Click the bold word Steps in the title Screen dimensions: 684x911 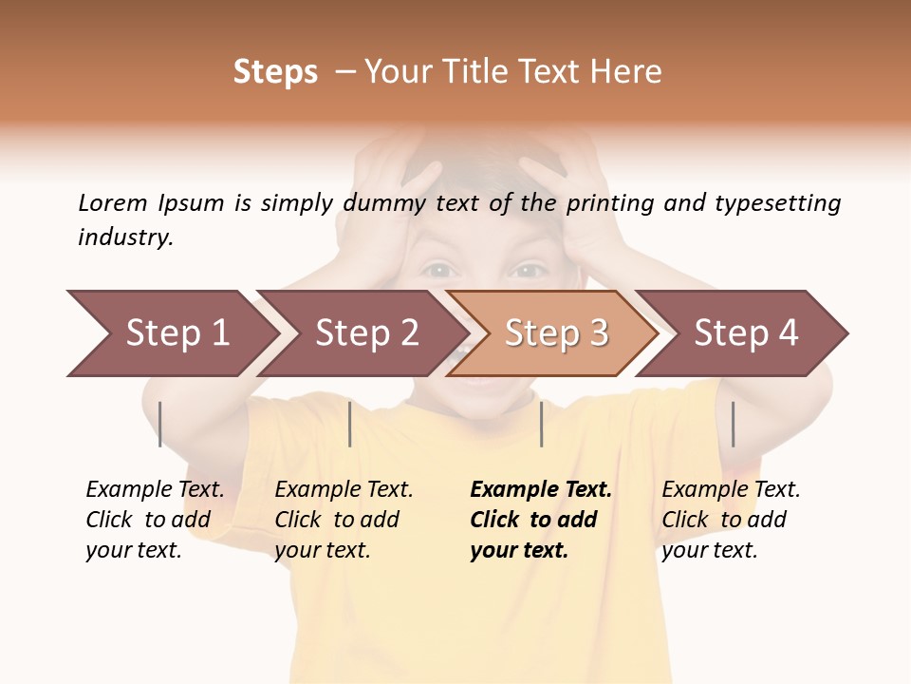[275, 72]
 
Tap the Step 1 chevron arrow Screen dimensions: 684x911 [177, 333]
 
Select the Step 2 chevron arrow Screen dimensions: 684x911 [366, 333]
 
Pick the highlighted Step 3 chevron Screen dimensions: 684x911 [556, 333]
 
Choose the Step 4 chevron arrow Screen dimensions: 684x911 [746, 333]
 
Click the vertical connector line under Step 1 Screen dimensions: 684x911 [160, 424]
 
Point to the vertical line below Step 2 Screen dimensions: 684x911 [350, 424]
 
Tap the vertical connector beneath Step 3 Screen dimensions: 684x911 [541, 424]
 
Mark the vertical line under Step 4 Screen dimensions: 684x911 [733, 424]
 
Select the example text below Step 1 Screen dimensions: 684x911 [155, 520]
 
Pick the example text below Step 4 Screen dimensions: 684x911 [731, 520]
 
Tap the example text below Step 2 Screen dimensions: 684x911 [344, 520]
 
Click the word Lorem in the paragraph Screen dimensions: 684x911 [113, 202]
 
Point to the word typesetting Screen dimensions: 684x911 [777, 203]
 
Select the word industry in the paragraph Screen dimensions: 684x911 [125, 237]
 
